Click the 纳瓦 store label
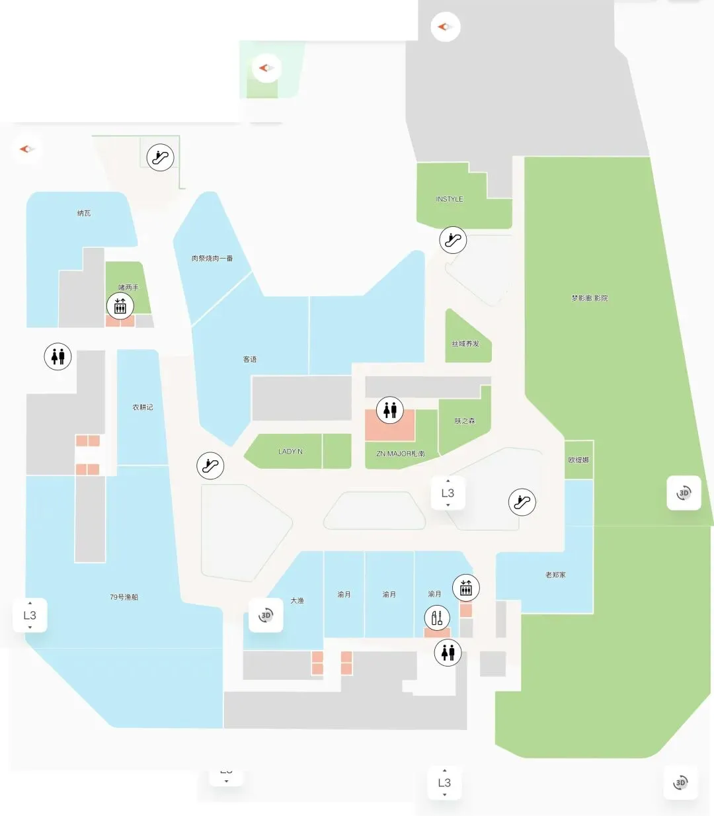(x=84, y=213)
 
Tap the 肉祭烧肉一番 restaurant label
(x=212, y=258)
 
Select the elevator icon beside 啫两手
(x=120, y=306)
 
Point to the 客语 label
(x=250, y=359)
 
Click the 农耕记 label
(x=143, y=407)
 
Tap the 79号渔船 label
(x=124, y=597)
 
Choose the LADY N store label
(x=290, y=452)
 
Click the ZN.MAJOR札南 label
(x=401, y=454)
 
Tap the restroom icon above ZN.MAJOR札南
(x=390, y=410)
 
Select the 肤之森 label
(x=464, y=421)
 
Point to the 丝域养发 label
(x=465, y=344)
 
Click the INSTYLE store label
(x=450, y=199)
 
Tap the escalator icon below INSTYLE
(x=453, y=239)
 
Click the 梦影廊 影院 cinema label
(x=590, y=298)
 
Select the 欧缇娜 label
(x=578, y=460)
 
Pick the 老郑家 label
(x=555, y=575)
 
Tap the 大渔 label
(x=297, y=600)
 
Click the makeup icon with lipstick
(x=436, y=618)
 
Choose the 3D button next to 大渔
(x=266, y=615)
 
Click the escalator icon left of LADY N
(x=210, y=466)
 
